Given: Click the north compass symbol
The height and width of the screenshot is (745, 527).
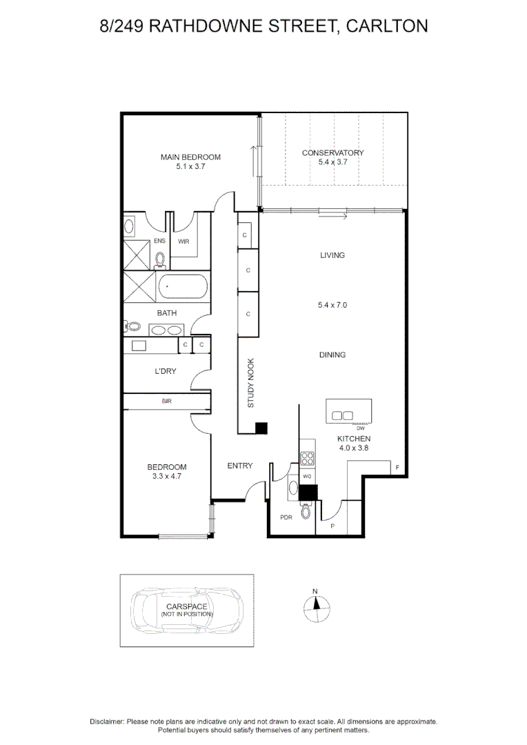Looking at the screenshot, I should pyautogui.click(x=316, y=605).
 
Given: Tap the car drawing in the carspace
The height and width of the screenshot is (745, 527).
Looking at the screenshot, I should pyautogui.click(x=186, y=610).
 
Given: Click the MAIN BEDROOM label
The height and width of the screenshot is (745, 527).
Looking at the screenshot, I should pyautogui.click(x=190, y=157).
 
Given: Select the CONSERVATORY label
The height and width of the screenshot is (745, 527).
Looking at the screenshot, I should pyautogui.click(x=333, y=153).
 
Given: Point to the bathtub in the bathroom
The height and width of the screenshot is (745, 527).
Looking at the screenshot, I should pyautogui.click(x=182, y=288).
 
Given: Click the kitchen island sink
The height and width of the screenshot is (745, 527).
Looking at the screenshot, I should pyautogui.click(x=343, y=415).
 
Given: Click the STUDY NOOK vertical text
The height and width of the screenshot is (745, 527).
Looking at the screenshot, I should pyautogui.click(x=251, y=384).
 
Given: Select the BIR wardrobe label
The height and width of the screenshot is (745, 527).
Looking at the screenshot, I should pyautogui.click(x=166, y=401).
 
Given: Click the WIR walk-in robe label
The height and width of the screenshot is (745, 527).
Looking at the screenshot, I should pyautogui.click(x=183, y=241).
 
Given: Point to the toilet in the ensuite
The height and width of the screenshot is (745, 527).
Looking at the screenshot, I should pyautogui.click(x=160, y=259).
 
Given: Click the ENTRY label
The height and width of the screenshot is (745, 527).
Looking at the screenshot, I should pyautogui.click(x=240, y=466).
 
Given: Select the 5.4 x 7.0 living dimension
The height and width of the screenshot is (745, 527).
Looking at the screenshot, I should pyautogui.click(x=332, y=304).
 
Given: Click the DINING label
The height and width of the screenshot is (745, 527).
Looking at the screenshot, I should pyautogui.click(x=332, y=355).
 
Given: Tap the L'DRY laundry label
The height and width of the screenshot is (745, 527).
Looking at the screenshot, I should pyautogui.click(x=165, y=371).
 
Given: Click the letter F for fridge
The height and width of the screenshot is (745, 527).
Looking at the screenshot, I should pyautogui.click(x=397, y=468).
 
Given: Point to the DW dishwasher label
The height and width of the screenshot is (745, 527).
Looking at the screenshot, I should pyautogui.click(x=360, y=428).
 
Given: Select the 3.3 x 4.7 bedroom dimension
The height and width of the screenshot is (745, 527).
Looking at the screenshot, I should pyautogui.click(x=170, y=476).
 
